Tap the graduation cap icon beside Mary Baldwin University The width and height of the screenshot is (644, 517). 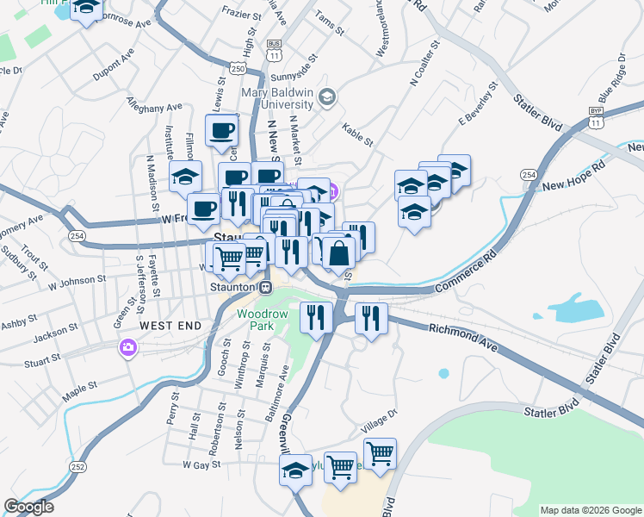coord(326,97)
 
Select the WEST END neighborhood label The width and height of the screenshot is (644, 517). coord(170,326)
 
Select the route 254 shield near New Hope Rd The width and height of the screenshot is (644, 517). coord(529,174)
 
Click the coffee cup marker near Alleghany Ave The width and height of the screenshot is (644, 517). coord(221,130)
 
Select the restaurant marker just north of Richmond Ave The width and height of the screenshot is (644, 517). coord(371,318)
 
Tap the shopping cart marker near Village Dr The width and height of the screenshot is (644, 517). coord(379,452)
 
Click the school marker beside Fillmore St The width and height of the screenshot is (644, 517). coord(185,176)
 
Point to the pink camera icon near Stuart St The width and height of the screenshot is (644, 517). coord(128,347)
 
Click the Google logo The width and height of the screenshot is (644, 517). coord(28,507)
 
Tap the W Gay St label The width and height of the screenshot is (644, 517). coord(202,464)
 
